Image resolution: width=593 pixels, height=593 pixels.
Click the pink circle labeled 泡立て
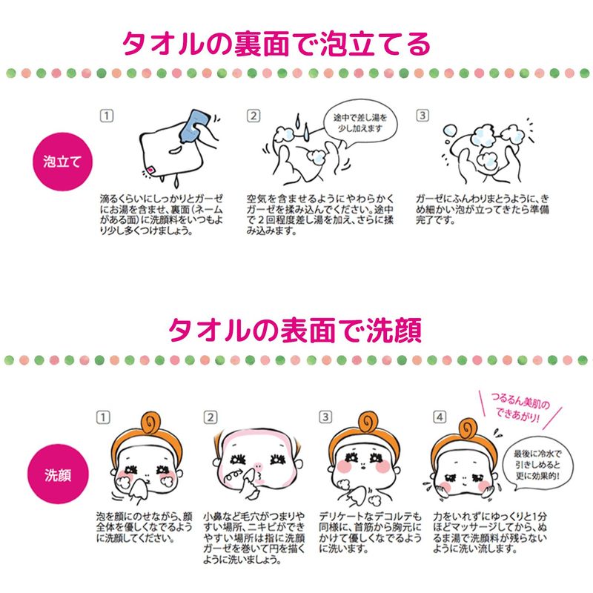(62, 162)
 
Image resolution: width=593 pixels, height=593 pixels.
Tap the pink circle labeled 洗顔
(58, 474)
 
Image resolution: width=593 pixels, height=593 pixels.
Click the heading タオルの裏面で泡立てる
(276, 44)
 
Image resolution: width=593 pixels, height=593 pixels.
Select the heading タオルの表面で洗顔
(295, 330)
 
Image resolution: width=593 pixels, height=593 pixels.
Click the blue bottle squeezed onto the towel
(193, 126)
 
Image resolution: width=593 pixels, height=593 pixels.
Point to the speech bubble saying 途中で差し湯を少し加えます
(360, 124)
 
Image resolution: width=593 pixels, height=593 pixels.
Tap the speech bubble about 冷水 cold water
(537, 465)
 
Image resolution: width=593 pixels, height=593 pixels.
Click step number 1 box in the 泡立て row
(107, 116)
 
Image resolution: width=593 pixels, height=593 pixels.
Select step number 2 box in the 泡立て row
(254, 116)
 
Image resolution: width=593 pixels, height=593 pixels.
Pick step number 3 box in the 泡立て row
(423, 116)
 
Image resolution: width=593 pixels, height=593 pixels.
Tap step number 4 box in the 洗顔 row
(440, 417)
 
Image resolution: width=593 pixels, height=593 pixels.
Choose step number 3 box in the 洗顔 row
(325, 417)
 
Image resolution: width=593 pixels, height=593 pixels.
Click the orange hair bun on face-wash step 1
(150, 423)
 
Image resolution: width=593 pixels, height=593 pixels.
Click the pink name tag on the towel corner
(150, 170)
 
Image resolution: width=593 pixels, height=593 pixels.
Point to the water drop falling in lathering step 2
(306, 131)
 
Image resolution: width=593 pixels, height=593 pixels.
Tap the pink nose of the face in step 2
(258, 467)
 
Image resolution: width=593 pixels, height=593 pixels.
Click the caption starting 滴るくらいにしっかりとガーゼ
(161, 214)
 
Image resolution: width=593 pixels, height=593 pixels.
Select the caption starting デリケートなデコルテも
(370, 532)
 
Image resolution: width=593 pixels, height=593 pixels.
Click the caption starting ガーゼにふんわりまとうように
(483, 209)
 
